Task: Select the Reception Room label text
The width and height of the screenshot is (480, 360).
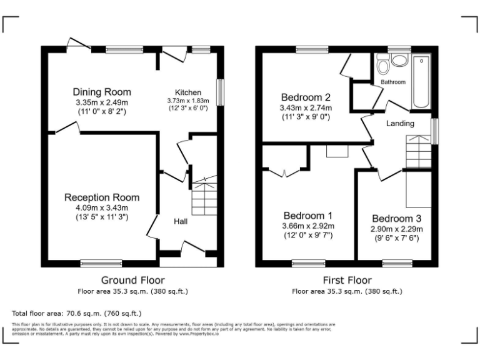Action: tap(102, 197)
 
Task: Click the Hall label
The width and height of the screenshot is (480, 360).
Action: tap(181, 221)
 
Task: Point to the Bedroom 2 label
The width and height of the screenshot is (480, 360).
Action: tap(306, 97)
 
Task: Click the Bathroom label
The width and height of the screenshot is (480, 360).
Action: tap(393, 82)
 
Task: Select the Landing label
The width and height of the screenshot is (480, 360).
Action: tap(400, 123)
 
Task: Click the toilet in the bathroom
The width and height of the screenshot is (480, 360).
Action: tap(383, 64)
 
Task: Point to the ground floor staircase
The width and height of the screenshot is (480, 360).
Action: tap(203, 196)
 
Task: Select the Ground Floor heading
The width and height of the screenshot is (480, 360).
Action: tap(132, 280)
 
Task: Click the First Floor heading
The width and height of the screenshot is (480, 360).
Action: tap(347, 280)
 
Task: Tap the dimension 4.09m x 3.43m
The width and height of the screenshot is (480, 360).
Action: tap(102, 208)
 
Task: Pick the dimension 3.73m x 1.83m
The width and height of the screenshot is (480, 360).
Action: tap(187, 101)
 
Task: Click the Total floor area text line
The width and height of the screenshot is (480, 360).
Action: tap(77, 313)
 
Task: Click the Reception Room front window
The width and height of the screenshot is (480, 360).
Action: tap(101, 262)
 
